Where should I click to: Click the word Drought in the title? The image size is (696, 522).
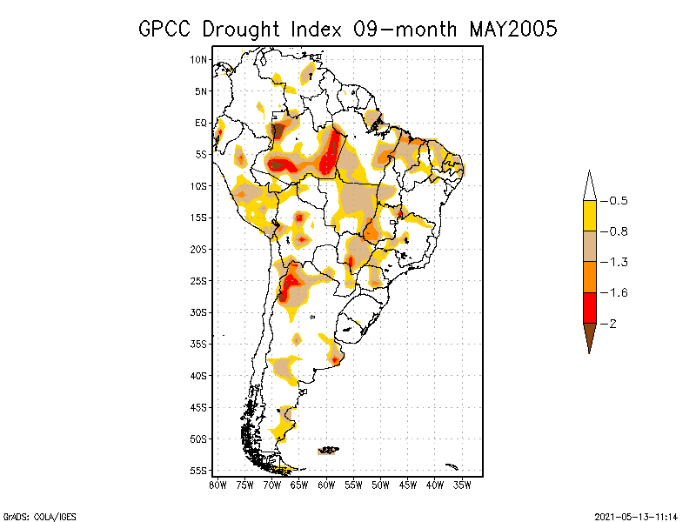click(245, 29)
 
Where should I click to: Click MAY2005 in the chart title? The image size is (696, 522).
click(512, 29)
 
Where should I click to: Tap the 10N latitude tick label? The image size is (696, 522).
click(199, 59)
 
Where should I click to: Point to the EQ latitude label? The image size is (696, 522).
click(201, 123)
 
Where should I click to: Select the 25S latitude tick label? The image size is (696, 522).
click(199, 280)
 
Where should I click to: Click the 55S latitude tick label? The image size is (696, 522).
click(199, 470)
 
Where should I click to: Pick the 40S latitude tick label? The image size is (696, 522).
click(199, 375)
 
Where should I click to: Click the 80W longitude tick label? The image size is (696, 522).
click(217, 484)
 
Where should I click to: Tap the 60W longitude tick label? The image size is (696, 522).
click(326, 484)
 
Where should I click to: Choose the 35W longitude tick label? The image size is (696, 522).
click(462, 484)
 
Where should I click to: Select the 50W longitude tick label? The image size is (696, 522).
click(380, 484)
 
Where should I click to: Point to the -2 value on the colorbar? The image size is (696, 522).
click(609, 323)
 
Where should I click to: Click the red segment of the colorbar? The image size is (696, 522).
click(589, 307)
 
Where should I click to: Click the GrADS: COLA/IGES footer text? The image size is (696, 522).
click(30, 516)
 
